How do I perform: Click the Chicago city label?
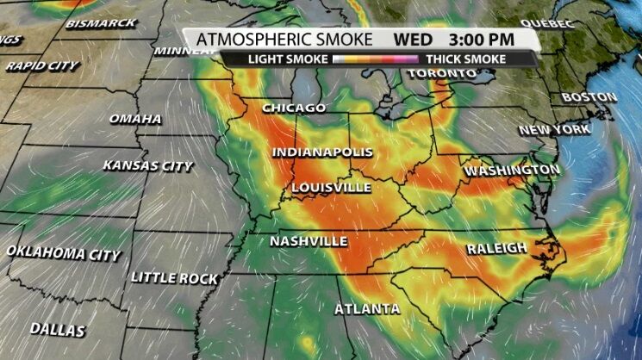pyautogui.click(x=294, y=109)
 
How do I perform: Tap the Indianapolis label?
pyautogui.click(x=323, y=152)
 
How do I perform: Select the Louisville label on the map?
pyautogui.click(x=331, y=187)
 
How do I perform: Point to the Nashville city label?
pyautogui.click(x=309, y=241)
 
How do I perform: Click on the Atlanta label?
pyautogui.click(x=367, y=308)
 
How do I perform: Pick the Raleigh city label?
pyautogui.click(x=497, y=249)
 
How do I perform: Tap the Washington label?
pyautogui.click(x=512, y=171)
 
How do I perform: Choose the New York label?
pyautogui.click(x=555, y=130)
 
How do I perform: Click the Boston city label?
pyautogui.click(x=589, y=97)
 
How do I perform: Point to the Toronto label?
pyautogui.click(x=441, y=74)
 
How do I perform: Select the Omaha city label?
pyautogui.click(x=135, y=118)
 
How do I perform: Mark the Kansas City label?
pyautogui.click(x=148, y=165)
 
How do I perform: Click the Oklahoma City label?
pyautogui.click(x=64, y=253)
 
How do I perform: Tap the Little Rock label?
pyautogui.click(x=174, y=278)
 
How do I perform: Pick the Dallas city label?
pyautogui.click(x=58, y=330)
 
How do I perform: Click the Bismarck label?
pyautogui.click(x=100, y=23)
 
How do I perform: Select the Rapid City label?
pyautogui.click(x=41, y=65)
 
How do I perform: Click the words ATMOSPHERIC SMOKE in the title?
pyautogui.click(x=284, y=40)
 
